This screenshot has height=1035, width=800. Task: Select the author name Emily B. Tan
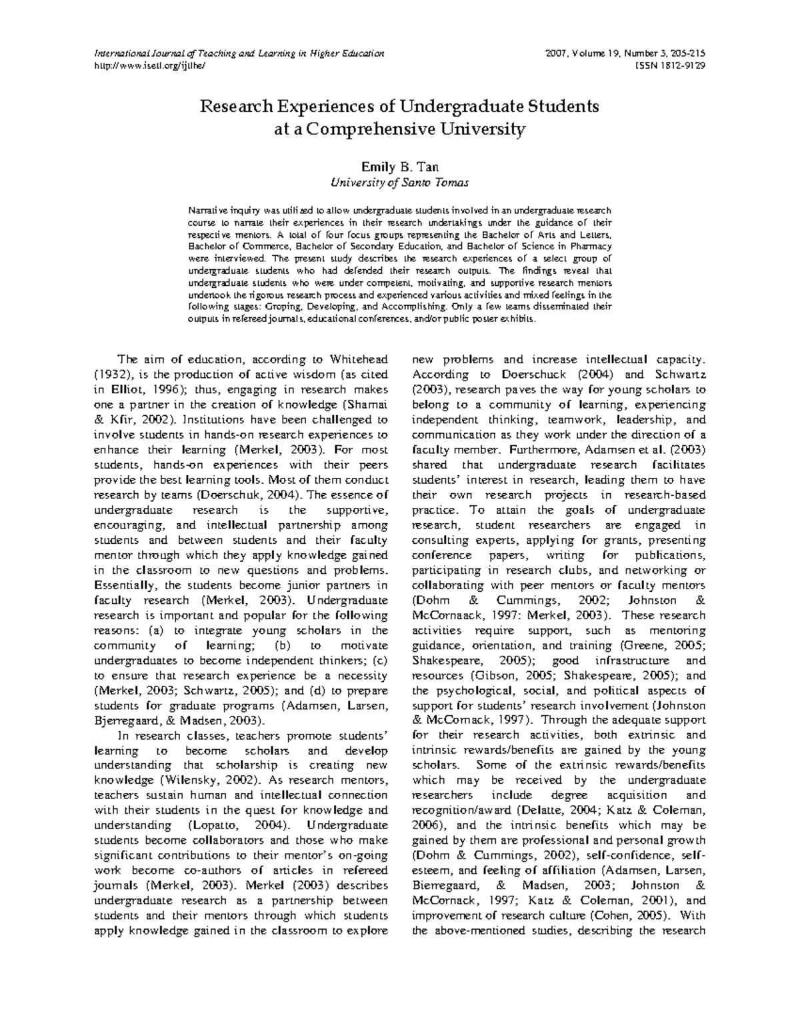(x=399, y=166)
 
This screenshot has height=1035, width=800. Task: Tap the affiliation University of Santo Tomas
(x=399, y=182)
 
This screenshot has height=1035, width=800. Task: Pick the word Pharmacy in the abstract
(x=589, y=247)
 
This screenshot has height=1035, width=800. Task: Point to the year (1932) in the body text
(x=115, y=375)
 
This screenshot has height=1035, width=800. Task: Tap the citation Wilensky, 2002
(x=209, y=780)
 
